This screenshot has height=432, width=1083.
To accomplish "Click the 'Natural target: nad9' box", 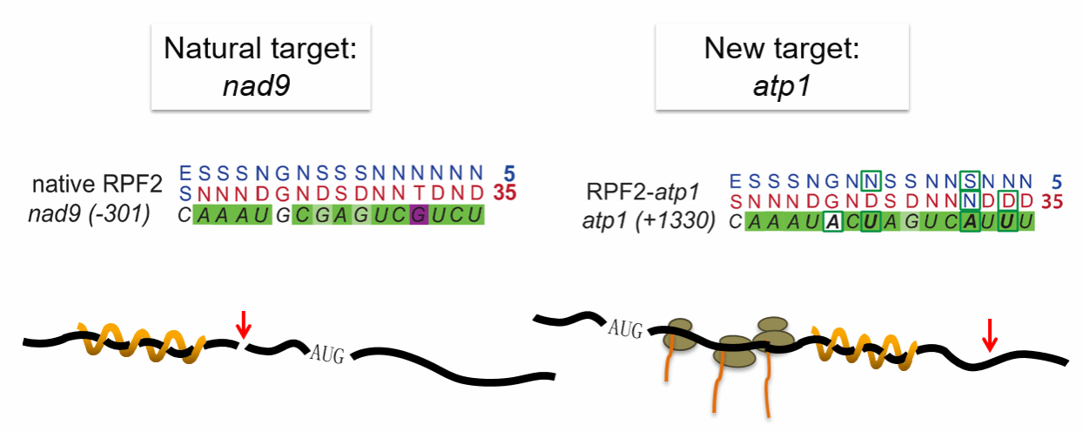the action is [260, 67].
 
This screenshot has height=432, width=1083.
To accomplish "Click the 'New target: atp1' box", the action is [782, 67].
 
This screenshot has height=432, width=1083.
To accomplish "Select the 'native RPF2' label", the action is [98, 184].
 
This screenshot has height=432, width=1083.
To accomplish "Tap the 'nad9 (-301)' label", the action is [89, 214].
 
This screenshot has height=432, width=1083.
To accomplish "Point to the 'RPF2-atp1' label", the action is [643, 192].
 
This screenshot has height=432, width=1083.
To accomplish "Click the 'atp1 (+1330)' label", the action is [649, 221].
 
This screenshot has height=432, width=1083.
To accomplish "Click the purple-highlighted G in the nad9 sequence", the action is [419, 215].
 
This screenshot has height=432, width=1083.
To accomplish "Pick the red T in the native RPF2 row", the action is [418, 193].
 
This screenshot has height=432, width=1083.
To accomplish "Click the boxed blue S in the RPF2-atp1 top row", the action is [970, 181].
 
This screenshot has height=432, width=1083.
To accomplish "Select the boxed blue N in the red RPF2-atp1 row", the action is [970, 201].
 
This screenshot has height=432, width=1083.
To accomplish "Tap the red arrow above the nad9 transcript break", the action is [243, 325].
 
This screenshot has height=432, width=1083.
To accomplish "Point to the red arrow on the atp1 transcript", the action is [990, 334].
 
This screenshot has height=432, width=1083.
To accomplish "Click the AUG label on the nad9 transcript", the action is [327, 354].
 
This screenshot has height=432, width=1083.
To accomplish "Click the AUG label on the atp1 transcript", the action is [625, 328].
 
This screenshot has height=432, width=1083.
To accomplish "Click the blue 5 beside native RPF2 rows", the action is [509, 173].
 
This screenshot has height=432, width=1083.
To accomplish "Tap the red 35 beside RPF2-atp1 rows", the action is [1052, 202].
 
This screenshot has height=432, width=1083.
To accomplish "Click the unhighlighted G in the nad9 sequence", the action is [282, 215].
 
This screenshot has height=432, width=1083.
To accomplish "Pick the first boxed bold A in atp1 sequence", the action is [832, 222].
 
